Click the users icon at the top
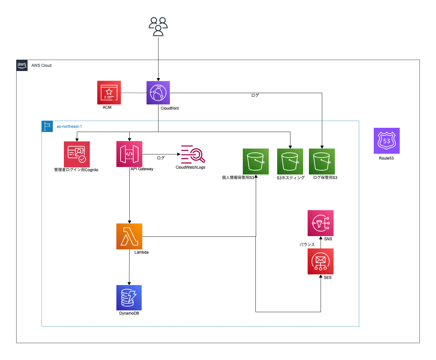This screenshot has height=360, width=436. click(x=158, y=27)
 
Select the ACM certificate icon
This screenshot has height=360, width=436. click(x=109, y=92)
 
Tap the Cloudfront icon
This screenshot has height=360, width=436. click(x=158, y=93)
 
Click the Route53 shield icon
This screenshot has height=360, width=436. click(x=386, y=141)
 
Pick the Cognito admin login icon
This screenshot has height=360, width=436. click(x=77, y=154)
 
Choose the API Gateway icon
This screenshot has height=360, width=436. click(x=129, y=154)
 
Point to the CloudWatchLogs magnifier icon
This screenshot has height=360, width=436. click(x=193, y=154)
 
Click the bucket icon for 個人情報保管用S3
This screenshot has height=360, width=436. click(x=256, y=162)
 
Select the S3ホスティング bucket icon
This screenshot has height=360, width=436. click(x=290, y=162)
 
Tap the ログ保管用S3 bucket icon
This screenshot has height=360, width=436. click(x=322, y=162)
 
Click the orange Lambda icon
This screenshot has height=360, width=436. click(x=129, y=236)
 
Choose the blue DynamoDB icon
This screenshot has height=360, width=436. click(x=129, y=298)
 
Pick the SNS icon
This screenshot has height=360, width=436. click(x=321, y=223)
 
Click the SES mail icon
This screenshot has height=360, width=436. click(x=321, y=261)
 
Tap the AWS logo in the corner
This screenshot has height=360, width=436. click(x=22, y=65)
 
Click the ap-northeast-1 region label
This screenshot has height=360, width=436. click(x=69, y=126)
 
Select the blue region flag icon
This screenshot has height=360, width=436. click(x=47, y=126)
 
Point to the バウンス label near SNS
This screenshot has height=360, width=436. click(x=307, y=245)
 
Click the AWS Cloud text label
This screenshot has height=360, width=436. click(x=41, y=66)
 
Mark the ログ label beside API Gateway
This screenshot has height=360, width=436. click(x=161, y=158)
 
